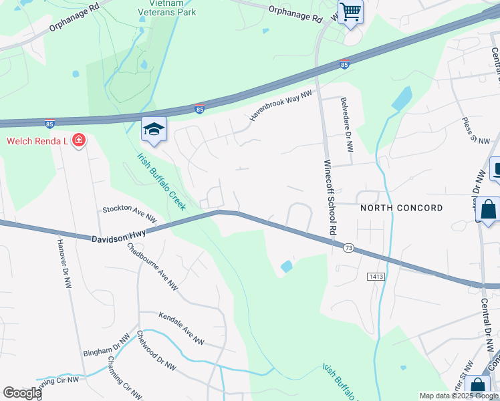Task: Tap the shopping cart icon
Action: [350, 12]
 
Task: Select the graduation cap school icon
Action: [154, 130]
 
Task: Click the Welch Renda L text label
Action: [38, 140]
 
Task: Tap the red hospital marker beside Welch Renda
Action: [79, 140]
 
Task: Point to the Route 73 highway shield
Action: [348, 248]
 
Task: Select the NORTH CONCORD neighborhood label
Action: [401, 208]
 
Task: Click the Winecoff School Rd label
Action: [329, 196]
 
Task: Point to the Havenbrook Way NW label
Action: [281, 106]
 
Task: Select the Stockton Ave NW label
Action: [130, 214]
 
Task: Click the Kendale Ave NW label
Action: [181, 328]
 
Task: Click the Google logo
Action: [22, 393]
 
